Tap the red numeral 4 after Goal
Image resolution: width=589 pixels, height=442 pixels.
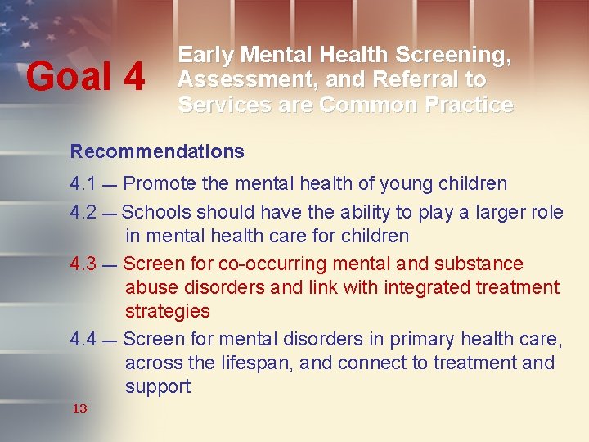pyautogui.click(x=133, y=78)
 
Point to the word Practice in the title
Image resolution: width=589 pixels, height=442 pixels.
pyautogui.click(x=467, y=106)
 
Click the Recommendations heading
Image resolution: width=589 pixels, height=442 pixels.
pyautogui.click(x=157, y=151)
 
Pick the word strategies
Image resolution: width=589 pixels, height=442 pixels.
pyautogui.click(x=167, y=312)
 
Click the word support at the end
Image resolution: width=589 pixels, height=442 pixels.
pyautogui.click(x=158, y=387)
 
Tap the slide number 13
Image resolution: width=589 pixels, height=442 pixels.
pyautogui.click(x=79, y=408)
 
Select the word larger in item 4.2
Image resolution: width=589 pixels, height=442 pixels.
pyautogui.click(x=500, y=213)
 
